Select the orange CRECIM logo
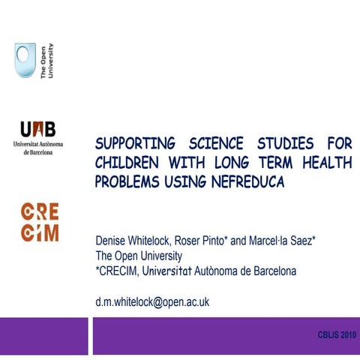coord(39,220)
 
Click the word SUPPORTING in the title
coord(135,143)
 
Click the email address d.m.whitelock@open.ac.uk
coord(151,301)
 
